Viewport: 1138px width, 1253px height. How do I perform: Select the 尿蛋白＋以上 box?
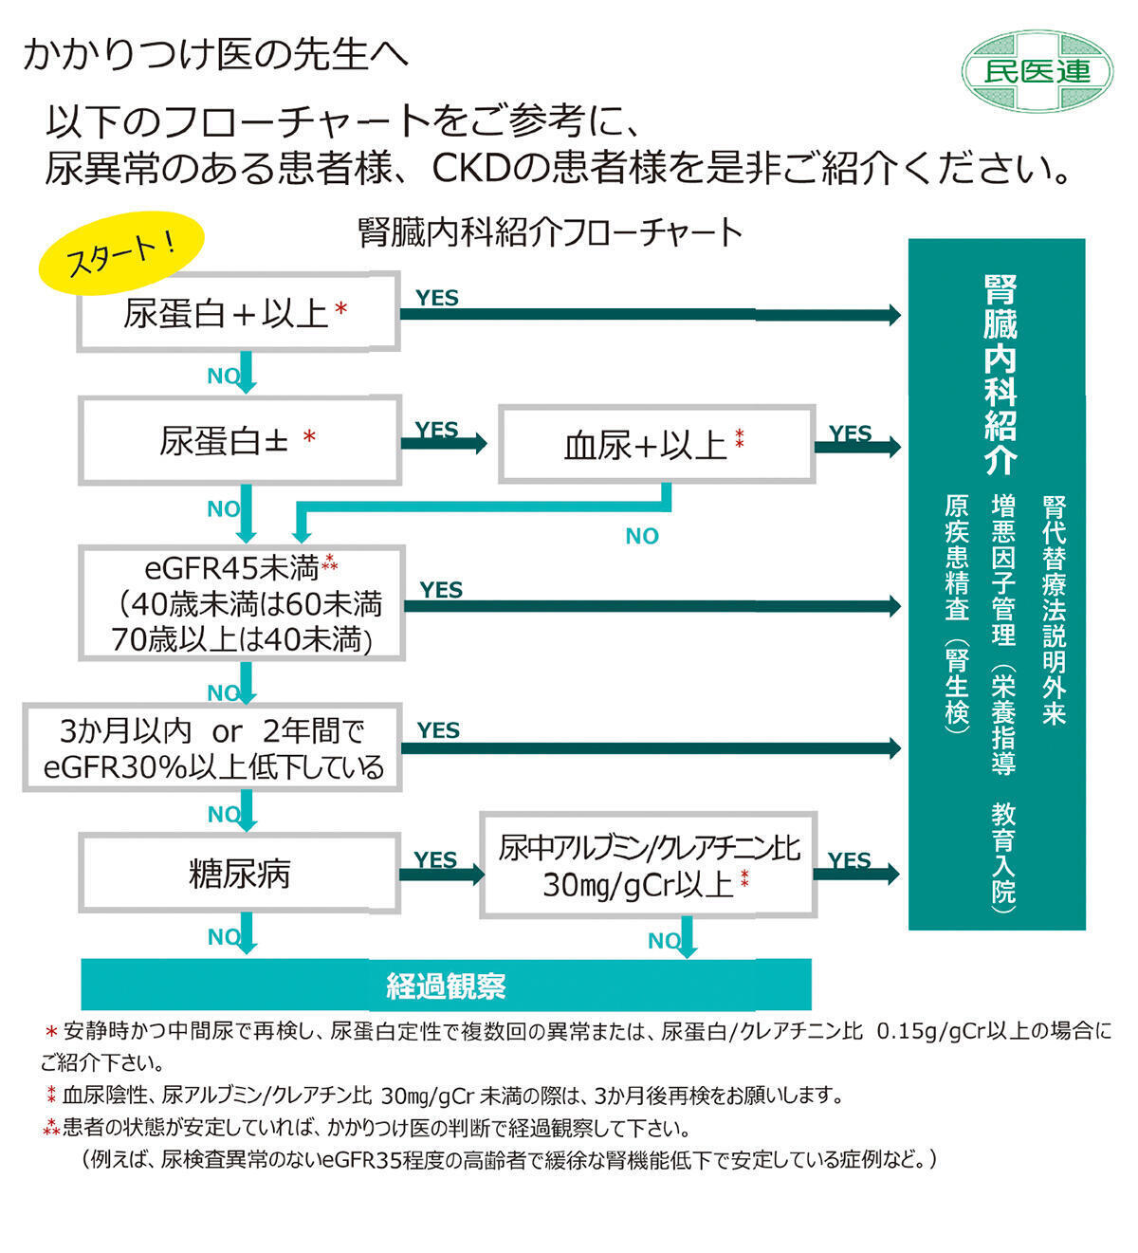pos(237,312)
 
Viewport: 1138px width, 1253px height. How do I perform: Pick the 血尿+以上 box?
pos(656,444)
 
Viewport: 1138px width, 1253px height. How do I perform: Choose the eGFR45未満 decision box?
pos(242,603)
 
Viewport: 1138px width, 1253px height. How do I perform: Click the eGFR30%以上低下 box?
pos(212,748)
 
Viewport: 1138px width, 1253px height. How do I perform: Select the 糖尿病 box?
pos(239,874)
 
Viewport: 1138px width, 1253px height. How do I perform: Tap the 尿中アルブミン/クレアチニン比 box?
pos(648,865)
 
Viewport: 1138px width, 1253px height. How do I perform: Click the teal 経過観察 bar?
pos(446,986)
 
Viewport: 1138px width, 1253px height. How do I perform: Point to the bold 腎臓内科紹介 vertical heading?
pos(1000,376)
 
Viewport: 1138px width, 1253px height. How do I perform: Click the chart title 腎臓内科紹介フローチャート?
pos(550,232)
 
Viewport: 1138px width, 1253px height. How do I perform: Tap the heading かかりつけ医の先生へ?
pos(215,54)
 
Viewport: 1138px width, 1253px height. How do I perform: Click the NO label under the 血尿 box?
pos(642,537)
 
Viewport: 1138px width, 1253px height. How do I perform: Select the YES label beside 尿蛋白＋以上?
pos(436,298)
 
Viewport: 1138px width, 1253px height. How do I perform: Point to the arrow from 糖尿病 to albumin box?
pos(441,875)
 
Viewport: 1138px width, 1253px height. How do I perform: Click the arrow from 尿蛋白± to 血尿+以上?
pos(444,443)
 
